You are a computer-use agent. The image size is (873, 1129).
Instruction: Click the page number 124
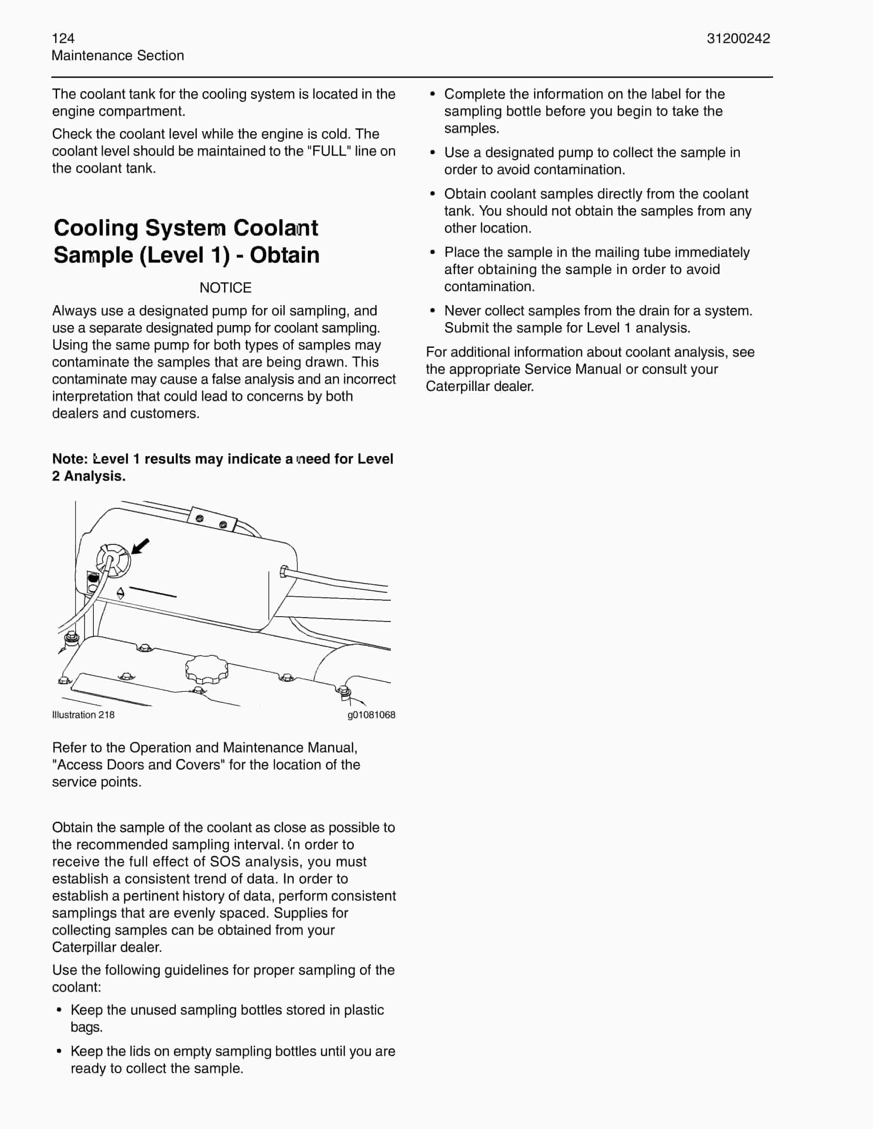[63, 38]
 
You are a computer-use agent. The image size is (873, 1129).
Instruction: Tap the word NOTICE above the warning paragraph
[225, 288]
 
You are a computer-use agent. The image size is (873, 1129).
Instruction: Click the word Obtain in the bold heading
[285, 255]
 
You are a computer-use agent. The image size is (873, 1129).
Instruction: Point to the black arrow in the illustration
[141, 545]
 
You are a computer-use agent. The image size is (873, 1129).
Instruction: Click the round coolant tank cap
[113, 560]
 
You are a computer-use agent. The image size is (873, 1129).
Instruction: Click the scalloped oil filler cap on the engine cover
[207, 669]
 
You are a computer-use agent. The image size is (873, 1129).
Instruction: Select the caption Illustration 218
[83, 715]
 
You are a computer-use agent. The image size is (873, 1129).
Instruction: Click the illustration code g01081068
[371, 715]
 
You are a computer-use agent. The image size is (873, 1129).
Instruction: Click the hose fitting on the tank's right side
[284, 571]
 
